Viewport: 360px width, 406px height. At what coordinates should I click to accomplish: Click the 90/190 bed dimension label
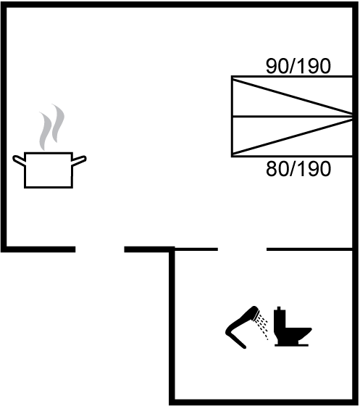[x=298, y=66]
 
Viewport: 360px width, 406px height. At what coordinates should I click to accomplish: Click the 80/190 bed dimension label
[x=298, y=169]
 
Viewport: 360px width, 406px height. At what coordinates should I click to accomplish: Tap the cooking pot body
[x=49, y=170]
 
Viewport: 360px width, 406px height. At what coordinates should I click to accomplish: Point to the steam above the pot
[x=51, y=127]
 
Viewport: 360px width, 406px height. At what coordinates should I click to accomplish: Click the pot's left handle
[x=19, y=160]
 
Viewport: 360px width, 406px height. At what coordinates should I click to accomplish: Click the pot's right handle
[x=79, y=161]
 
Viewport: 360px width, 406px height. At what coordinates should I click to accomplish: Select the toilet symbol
[x=293, y=326]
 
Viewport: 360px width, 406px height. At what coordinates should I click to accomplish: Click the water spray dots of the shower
[x=262, y=326]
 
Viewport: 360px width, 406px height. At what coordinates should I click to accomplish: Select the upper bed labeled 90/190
[x=292, y=96]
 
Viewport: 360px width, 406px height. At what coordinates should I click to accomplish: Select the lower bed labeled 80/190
[x=292, y=137]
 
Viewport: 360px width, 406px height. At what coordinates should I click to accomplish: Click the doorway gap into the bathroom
[x=243, y=249]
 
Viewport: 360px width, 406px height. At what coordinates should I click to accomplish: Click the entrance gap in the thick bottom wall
[x=100, y=249]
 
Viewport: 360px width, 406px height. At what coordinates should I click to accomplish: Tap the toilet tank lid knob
[x=279, y=308]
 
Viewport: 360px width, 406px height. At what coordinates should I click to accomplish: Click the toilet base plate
[x=291, y=345]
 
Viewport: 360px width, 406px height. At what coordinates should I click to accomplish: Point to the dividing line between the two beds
[x=292, y=117]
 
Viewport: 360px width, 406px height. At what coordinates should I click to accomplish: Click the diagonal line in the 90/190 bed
[x=293, y=97]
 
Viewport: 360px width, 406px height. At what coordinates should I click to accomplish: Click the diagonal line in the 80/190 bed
[x=293, y=136]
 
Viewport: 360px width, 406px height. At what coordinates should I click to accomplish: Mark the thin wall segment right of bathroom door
[x=309, y=249]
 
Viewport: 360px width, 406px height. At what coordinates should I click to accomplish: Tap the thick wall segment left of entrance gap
[x=38, y=249]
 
